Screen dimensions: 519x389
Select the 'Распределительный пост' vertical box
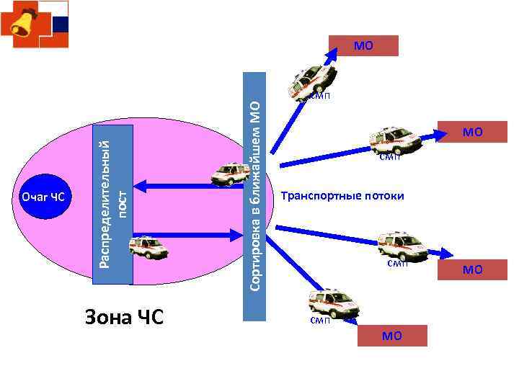click(x=115, y=204)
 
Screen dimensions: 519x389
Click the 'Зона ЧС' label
click(x=124, y=316)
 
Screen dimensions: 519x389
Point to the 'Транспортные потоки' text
click(x=342, y=196)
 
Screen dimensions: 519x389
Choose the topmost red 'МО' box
click(x=363, y=46)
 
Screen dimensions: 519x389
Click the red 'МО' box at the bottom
click(x=392, y=335)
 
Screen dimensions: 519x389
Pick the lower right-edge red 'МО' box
click(x=473, y=270)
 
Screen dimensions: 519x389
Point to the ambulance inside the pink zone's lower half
click(x=148, y=247)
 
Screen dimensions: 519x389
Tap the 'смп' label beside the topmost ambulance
click(x=321, y=97)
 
